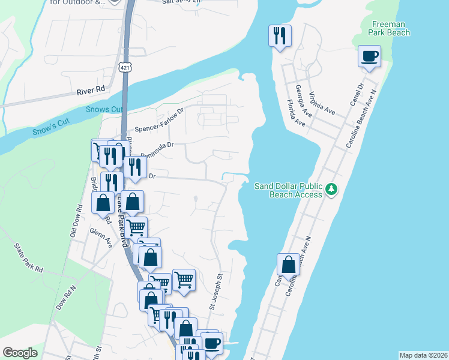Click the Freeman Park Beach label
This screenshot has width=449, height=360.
tap(389, 28)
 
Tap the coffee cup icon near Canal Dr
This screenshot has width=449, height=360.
tap(369, 57)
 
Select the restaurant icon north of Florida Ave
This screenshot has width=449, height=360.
tap(280, 36)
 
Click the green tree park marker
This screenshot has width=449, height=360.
tap(331, 190)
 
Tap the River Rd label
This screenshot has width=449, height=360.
tap(91, 89)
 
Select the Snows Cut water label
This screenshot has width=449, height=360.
tap(103, 109)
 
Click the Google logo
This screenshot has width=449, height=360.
tap(20, 353)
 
